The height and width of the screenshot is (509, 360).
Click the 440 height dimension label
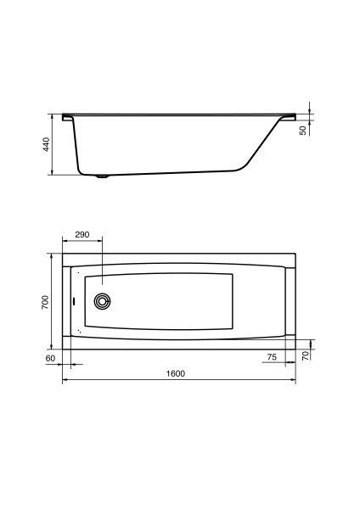click(46, 144)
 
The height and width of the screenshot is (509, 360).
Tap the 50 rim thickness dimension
click(303, 130)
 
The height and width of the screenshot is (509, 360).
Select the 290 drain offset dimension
click(82, 234)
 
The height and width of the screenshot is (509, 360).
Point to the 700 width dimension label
click(46, 301)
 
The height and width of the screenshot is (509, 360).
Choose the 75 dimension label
click(272, 358)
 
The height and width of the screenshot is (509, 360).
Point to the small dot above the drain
click(78, 273)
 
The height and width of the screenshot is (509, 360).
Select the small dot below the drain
click(79, 329)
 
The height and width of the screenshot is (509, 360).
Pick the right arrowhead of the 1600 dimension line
click(294, 381)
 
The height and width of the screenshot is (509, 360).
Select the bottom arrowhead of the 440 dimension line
click(53, 173)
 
